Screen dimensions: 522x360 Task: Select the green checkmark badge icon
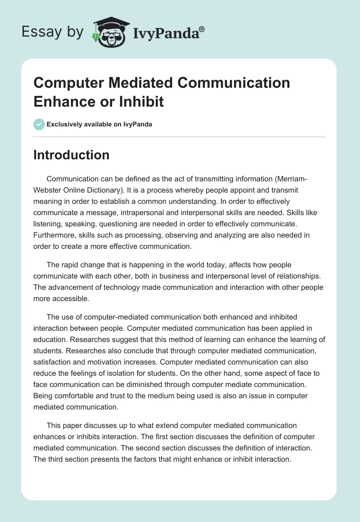(x=39, y=124)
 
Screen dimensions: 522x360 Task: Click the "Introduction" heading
(x=71, y=155)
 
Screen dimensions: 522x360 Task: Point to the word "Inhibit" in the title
(x=141, y=101)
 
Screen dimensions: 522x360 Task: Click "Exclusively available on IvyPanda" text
(x=99, y=124)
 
